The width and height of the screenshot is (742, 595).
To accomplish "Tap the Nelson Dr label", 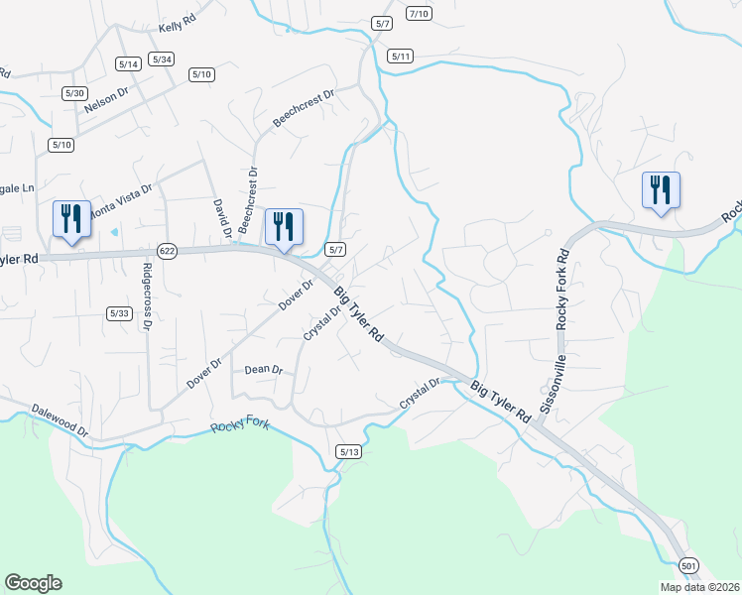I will (x=107, y=96).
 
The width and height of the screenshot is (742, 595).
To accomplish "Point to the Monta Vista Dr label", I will (x=121, y=199).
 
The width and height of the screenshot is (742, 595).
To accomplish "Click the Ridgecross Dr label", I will (x=147, y=296).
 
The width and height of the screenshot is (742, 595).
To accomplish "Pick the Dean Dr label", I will (x=264, y=369).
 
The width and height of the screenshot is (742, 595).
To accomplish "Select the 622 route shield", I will (x=167, y=252).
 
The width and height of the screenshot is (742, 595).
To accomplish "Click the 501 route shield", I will (x=689, y=565).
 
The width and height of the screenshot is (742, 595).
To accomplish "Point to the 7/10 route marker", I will (x=419, y=13).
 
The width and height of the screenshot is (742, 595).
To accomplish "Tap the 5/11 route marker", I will (x=401, y=57).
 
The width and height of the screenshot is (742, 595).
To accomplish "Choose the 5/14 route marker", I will (x=128, y=63).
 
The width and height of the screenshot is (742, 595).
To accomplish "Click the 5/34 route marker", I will (x=162, y=59).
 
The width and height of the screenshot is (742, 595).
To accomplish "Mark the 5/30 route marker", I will (x=74, y=93).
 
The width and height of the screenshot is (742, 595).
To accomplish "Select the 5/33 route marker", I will (x=119, y=313).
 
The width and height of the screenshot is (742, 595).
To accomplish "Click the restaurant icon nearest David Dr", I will (x=284, y=226).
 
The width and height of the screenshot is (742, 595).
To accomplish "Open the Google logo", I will (x=33, y=583).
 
